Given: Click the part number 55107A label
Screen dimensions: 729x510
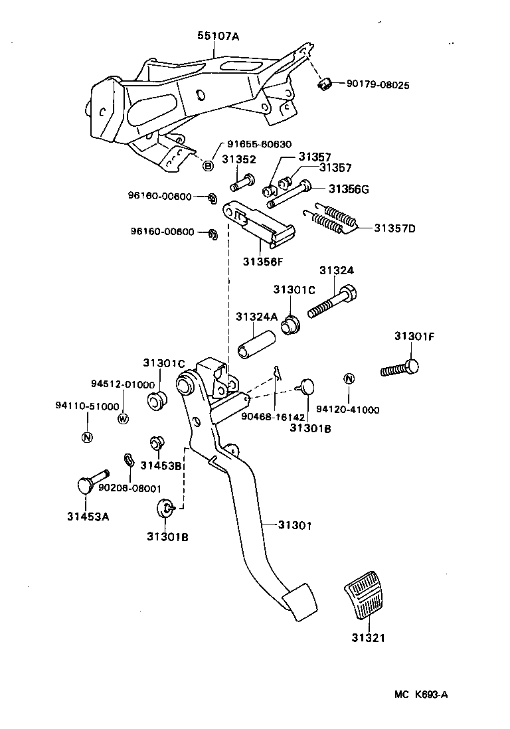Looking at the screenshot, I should click(217, 37).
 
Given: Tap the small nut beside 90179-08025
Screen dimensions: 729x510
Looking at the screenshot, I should click(325, 84).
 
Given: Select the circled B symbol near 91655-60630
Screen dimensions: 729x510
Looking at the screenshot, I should click(208, 165).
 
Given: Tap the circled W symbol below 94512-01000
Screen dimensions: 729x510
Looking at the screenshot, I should click(123, 418).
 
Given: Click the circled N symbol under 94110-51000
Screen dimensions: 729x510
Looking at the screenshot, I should click(87, 436).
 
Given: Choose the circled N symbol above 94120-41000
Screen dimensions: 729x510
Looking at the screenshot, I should click(348, 379).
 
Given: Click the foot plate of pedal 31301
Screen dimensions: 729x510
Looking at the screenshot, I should click(299, 602).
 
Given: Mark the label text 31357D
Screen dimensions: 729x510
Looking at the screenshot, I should click(394, 228).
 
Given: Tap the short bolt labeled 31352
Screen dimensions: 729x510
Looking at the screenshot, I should click(242, 181).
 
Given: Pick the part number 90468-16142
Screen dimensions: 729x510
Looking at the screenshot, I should click(273, 417).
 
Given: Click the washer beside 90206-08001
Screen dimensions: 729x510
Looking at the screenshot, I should click(129, 460).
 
